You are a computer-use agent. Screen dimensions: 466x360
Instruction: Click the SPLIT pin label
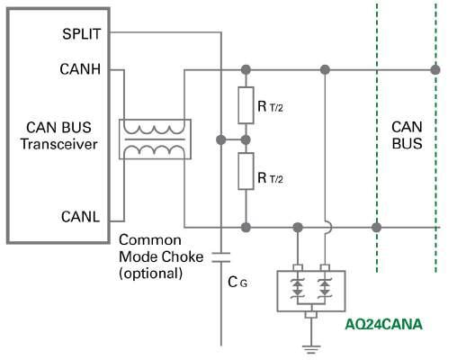(81, 33)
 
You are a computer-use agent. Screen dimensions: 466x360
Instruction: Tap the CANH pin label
(80, 69)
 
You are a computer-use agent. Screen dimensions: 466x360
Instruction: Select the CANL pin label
(80, 217)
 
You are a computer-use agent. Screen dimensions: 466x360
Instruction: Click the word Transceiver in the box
(59, 144)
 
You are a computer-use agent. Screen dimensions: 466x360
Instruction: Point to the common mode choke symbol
(155, 139)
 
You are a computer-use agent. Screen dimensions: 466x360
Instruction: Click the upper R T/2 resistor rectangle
(246, 105)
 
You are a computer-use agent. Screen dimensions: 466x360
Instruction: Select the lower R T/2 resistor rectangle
(246, 171)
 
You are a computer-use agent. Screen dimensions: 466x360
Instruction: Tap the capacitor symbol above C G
(221, 257)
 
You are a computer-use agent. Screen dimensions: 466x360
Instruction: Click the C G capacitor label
(237, 282)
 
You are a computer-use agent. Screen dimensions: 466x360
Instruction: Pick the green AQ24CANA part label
(383, 325)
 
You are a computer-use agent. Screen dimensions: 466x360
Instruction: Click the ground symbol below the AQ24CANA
(311, 349)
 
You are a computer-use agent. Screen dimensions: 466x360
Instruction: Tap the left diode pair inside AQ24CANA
(298, 288)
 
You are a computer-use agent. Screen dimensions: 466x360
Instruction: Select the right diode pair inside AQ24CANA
(325, 288)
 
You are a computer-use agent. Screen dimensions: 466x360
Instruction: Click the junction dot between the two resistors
(246, 139)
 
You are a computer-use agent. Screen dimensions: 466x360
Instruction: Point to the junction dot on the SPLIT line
(221, 139)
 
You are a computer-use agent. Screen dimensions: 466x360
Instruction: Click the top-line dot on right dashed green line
(435, 70)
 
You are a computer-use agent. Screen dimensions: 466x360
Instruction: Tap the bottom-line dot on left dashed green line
(377, 228)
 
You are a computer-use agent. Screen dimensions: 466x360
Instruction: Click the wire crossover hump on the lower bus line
(329, 228)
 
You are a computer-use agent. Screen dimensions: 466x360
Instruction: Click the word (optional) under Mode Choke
(151, 274)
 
